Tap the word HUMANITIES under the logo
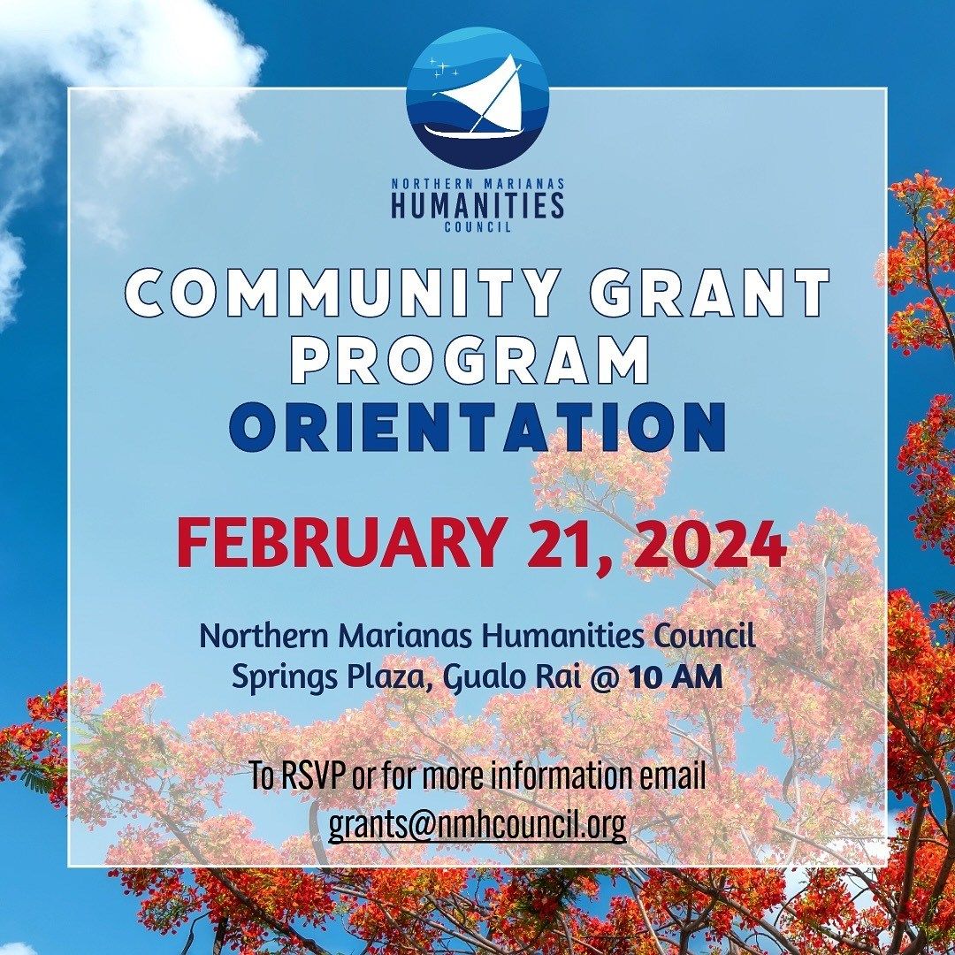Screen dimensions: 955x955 [x=477, y=205]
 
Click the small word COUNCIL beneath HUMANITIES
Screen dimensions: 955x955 [x=477, y=227]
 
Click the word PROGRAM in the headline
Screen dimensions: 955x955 [x=470, y=360]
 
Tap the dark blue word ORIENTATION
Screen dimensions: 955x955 [x=477, y=428]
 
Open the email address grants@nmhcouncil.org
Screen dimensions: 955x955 [x=477, y=824]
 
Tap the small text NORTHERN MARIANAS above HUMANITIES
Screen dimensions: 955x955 [x=477, y=182]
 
